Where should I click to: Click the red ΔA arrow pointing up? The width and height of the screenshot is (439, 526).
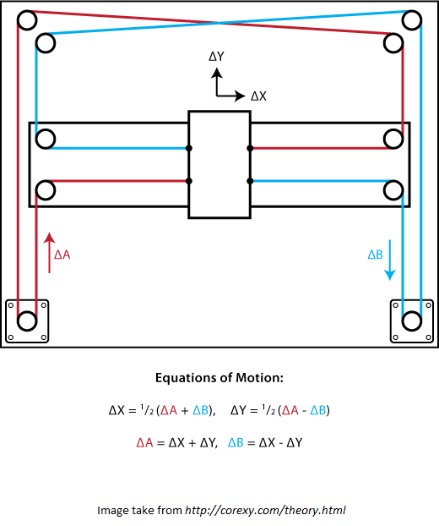50,253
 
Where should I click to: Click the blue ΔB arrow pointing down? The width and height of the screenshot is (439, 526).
390,260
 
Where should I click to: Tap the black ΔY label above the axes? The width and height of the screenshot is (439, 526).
217,57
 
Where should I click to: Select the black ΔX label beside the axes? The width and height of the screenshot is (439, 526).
258,96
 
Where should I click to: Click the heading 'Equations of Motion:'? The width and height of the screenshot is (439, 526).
219,378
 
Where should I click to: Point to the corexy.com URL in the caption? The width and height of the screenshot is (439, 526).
265,510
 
